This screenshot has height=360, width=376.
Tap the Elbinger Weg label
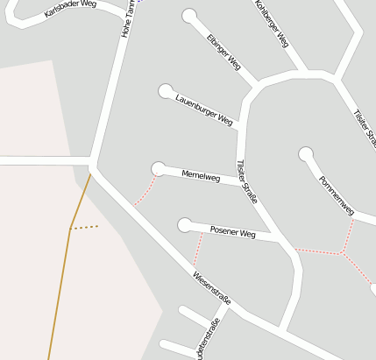tap(223, 52)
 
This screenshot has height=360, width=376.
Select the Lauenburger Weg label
tap(203, 109)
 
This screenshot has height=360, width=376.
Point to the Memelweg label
tap(200, 176)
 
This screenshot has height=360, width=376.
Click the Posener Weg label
tap(232, 233)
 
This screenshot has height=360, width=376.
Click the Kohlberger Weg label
tap(271, 23)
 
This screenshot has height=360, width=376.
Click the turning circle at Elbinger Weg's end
tap(189, 15)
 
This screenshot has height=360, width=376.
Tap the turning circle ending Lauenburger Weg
tap(165, 90)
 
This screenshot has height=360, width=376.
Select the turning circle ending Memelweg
tap(159, 168)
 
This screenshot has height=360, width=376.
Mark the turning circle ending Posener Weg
tap(184, 225)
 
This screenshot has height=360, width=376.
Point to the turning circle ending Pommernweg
tap(305, 154)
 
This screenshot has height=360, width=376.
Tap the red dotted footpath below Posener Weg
tap(197, 250)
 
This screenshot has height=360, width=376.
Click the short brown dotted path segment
tap(84, 227)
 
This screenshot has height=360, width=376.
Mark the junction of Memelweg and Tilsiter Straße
tap(240, 181)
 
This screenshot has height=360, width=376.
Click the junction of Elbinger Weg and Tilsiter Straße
tap(257, 86)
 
